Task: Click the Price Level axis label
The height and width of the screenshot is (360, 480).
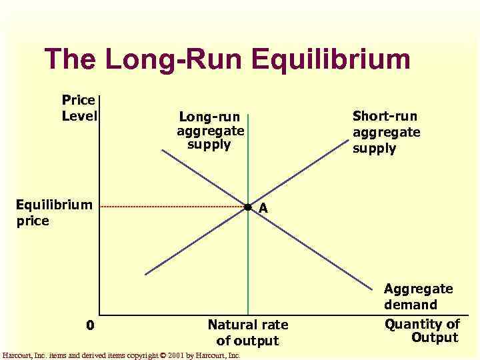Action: point(79,108)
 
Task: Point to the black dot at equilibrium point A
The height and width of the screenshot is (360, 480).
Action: point(247,208)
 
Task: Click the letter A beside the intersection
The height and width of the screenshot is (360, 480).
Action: point(263,209)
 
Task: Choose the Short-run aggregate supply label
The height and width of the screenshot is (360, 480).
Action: point(386,132)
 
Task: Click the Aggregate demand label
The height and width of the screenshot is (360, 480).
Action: point(419,297)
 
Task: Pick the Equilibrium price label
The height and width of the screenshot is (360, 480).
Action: point(54,212)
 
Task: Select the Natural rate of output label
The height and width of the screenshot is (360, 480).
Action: point(247,332)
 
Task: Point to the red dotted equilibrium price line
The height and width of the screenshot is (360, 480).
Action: point(173,207)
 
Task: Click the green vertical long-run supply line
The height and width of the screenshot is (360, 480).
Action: point(248,267)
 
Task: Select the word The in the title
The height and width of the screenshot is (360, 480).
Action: point(71,59)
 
